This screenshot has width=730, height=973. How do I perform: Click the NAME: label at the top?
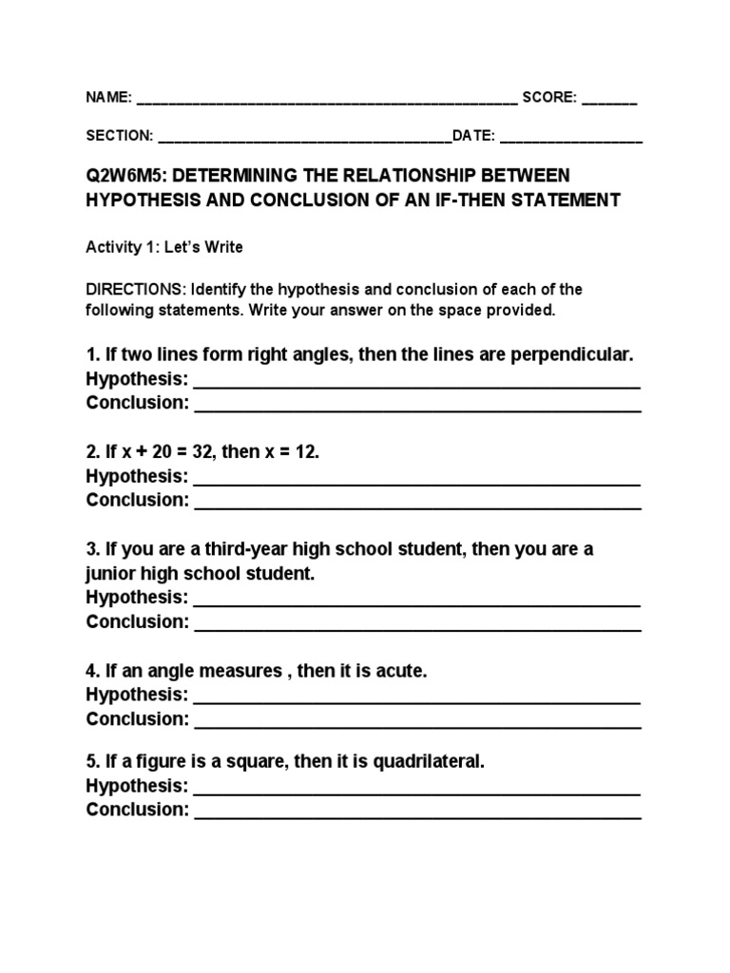[x=108, y=98]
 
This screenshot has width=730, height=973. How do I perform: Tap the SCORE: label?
[x=548, y=98]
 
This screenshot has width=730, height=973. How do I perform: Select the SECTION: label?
[x=120, y=136]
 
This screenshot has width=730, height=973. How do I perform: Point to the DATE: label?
[x=473, y=136]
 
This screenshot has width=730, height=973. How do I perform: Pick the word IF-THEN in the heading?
[x=503, y=200]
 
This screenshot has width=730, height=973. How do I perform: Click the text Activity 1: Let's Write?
[x=164, y=247]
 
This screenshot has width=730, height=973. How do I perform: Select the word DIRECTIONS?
[x=136, y=289]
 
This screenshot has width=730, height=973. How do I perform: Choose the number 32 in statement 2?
[x=202, y=451]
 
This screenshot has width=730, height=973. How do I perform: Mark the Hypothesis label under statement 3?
[x=136, y=598]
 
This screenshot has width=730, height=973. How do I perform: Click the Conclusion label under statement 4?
[x=138, y=718]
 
